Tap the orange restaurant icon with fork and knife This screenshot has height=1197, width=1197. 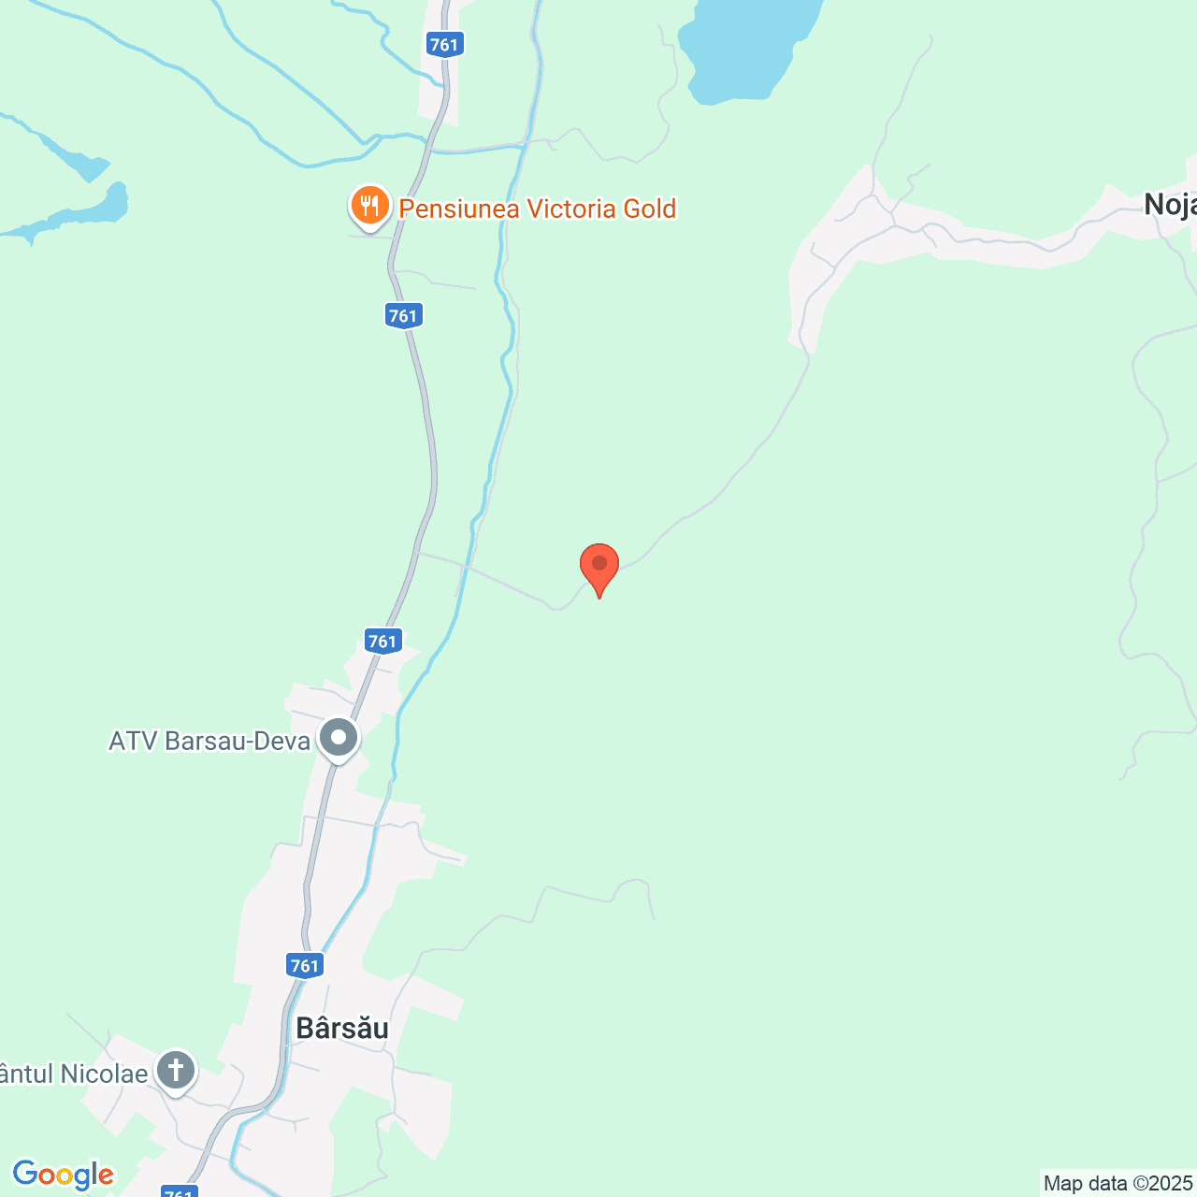pos(370,206)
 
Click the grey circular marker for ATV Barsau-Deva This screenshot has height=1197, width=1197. pos(339,739)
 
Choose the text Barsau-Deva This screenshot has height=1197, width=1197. pos(238,742)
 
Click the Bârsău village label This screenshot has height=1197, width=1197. pos(342,1028)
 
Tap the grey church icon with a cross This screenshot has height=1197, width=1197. pos(175,1070)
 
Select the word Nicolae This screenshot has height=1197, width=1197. pos(104,1074)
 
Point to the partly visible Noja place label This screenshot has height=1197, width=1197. pos(1170,205)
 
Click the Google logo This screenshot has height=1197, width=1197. pos(63,1175)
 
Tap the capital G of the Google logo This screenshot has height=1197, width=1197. pos(26,1174)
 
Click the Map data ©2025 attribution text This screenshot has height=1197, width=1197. pos(1118,1184)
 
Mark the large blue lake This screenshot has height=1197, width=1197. pos(748,47)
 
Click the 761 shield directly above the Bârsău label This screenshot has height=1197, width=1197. pos(305,966)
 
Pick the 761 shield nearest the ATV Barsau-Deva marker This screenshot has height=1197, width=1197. pos(382,641)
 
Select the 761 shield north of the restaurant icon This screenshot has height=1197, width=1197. pos(444,44)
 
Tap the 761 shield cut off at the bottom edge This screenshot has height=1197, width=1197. pos(179,1192)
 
